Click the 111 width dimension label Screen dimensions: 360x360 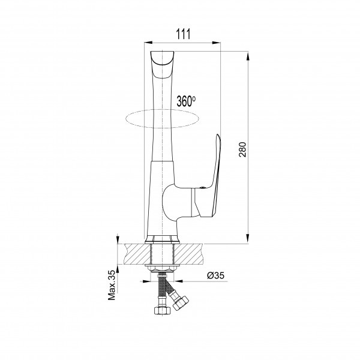click(183, 34)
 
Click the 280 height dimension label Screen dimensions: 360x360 click(242, 149)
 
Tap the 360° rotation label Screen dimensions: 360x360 click(186, 101)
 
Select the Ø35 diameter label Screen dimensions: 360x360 click(215, 275)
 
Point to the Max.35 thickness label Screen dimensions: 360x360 click(112, 285)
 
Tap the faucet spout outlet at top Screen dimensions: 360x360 click(162, 58)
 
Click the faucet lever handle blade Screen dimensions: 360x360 click(217, 175)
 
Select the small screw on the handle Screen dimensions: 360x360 click(202, 188)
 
